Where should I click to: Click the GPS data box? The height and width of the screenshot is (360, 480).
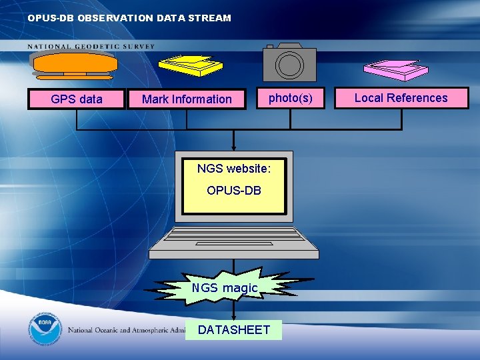pyautogui.click(x=77, y=99)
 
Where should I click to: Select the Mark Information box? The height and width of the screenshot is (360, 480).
pyautogui.click(x=187, y=99)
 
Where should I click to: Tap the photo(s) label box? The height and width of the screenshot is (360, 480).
pyautogui.click(x=290, y=98)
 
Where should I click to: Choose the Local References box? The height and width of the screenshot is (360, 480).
pyautogui.click(x=401, y=98)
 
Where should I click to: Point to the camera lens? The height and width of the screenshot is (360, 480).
pyautogui.click(x=290, y=65)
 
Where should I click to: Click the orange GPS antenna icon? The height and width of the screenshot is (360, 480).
pyautogui.click(x=75, y=64)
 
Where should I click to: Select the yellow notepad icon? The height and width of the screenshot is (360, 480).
pyautogui.click(x=190, y=65)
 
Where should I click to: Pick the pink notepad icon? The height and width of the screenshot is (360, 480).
pyautogui.click(x=395, y=68)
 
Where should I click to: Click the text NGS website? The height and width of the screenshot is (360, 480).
pyautogui.click(x=234, y=169)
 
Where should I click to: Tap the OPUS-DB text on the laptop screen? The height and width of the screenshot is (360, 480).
pyautogui.click(x=234, y=191)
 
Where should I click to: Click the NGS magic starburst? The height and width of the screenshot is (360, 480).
pyautogui.click(x=225, y=287)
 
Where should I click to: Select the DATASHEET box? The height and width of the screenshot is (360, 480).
pyautogui.click(x=234, y=329)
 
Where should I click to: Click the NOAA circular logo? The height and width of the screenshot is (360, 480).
pyautogui.click(x=45, y=329)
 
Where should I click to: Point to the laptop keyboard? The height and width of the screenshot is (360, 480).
pyautogui.click(x=233, y=235)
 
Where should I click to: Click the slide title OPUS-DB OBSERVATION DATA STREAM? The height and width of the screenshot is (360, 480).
pyautogui.click(x=129, y=18)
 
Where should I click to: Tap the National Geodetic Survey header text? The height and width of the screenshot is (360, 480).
pyautogui.click(x=91, y=47)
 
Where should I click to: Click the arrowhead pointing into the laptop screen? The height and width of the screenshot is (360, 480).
pyautogui.click(x=234, y=148)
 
